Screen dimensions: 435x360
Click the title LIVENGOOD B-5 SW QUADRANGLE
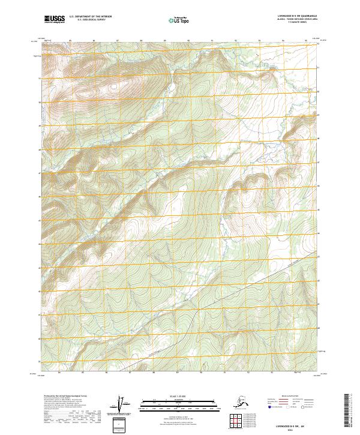coord(293,16)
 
